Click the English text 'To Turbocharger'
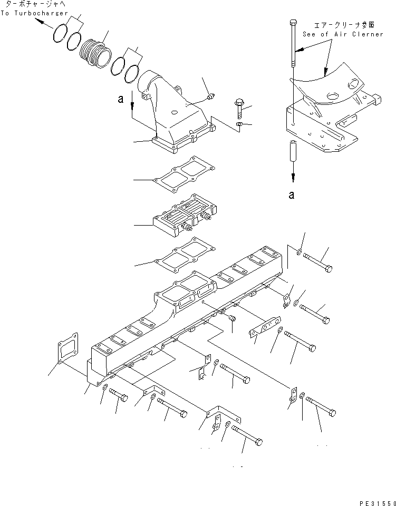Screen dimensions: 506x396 point(34,13)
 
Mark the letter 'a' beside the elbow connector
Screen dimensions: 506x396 point(121,99)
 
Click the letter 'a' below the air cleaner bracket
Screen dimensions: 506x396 point(291,194)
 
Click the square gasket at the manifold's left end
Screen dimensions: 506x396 point(67,348)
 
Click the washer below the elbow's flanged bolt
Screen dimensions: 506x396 point(239,124)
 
